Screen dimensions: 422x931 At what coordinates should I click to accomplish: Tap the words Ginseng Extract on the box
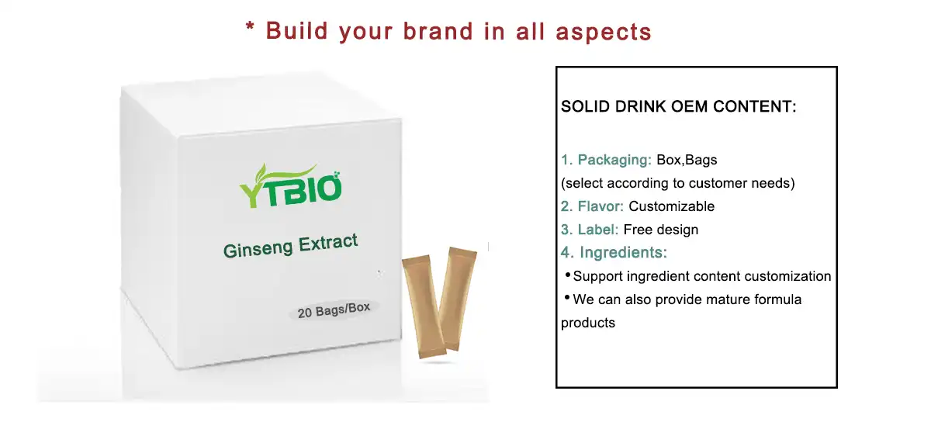click(291, 246)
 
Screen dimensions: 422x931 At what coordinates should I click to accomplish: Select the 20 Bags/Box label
click(334, 310)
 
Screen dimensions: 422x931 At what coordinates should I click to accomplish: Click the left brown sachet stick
click(420, 306)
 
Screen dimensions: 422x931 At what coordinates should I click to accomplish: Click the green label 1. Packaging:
click(606, 161)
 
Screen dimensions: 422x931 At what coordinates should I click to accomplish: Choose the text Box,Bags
click(687, 161)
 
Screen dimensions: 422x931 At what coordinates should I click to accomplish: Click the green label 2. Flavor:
click(593, 206)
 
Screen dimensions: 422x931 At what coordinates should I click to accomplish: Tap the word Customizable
click(672, 206)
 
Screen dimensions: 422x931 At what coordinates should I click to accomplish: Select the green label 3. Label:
click(590, 230)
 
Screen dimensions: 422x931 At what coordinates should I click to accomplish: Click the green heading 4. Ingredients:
click(614, 253)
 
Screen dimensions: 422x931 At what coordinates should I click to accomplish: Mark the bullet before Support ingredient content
click(567, 275)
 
